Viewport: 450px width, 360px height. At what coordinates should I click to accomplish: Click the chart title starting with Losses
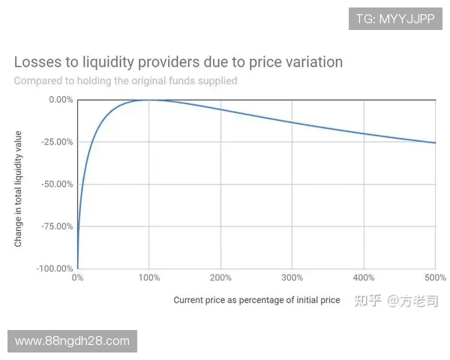click(178, 61)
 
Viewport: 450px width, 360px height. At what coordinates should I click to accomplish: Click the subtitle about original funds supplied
click(125, 80)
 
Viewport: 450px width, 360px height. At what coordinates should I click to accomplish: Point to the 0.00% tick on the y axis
click(59, 100)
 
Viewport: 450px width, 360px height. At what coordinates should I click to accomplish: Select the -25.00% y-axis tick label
click(56, 142)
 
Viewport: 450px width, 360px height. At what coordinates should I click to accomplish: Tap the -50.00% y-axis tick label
click(56, 184)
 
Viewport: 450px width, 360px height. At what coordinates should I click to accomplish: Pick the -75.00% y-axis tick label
click(56, 226)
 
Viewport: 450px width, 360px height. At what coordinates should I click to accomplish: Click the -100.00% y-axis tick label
click(55, 268)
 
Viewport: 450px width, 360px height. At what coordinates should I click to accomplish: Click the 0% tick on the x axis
click(77, 278)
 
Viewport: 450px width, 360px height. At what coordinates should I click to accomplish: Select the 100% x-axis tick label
click(148, 278)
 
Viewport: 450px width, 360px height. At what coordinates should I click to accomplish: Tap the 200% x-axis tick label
click(220, 278)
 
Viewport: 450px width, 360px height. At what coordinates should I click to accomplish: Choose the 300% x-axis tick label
click(292, 278)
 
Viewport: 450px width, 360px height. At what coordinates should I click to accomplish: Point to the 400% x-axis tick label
click(364, 278)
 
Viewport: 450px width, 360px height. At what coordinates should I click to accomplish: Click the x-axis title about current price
click(256, 300)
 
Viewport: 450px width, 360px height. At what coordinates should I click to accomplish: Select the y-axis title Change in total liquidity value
click(18, 189)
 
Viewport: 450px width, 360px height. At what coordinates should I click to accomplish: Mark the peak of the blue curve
click(148, 100)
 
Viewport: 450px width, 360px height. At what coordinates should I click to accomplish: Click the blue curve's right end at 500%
click(435, 142)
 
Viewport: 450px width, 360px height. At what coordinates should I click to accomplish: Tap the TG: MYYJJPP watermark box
click(395, 19)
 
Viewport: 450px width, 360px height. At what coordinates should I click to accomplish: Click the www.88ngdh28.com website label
click(72, 341)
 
